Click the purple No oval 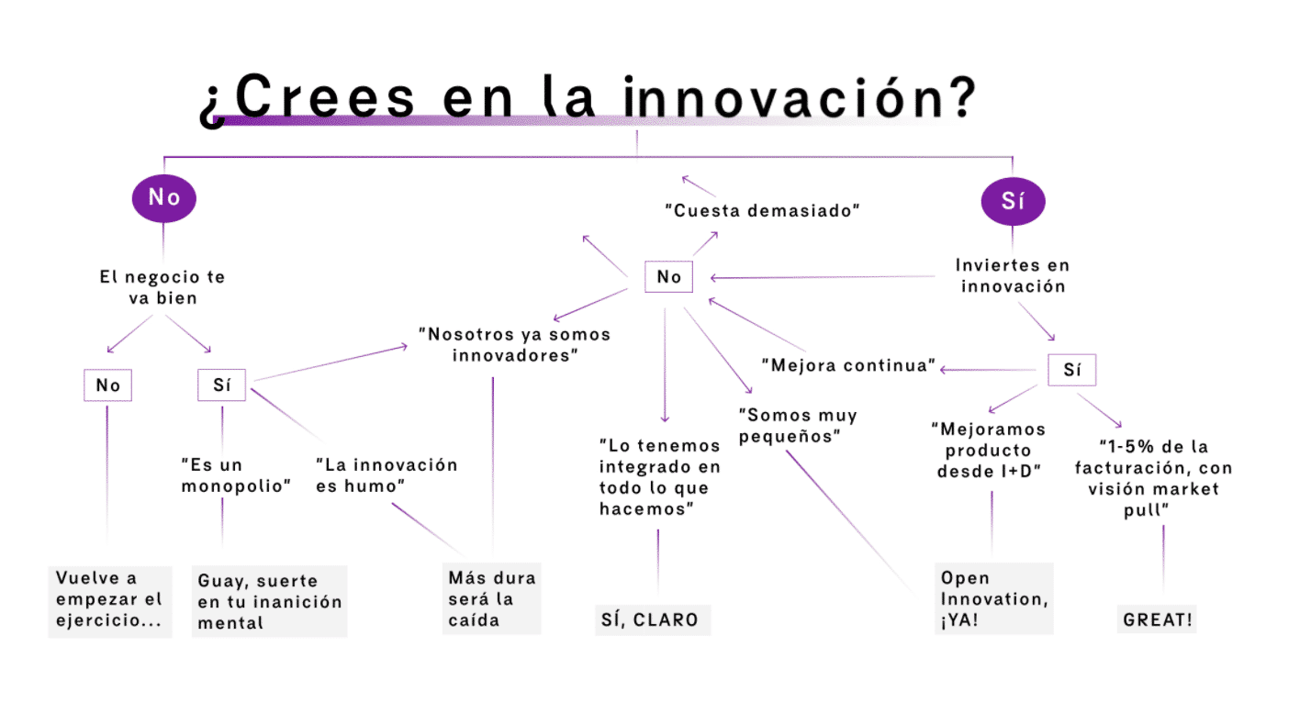164,197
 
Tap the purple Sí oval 1013,202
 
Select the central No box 669,276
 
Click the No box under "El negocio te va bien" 107,385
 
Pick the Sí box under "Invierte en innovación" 1071,370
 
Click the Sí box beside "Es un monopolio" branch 221,385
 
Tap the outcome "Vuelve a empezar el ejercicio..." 109,600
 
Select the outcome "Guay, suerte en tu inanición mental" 270,601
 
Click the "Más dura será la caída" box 491,598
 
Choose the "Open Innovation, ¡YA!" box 993,598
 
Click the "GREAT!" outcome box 1159,619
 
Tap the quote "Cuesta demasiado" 762,210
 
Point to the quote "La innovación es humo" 386,474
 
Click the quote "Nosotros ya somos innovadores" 514,344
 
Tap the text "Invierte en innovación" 1013,275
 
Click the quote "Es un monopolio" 236,474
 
